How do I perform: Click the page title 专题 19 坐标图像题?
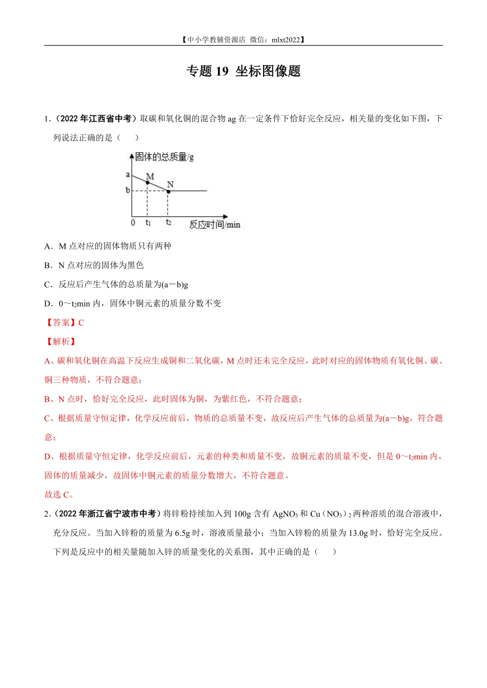pos(243,71)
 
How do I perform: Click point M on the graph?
pos(148,182)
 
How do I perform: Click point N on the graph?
pos(168,191)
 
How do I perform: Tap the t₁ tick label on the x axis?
pos(148,223)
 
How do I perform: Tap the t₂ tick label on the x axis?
pos(169,223)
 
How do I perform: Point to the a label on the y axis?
pos(128,175)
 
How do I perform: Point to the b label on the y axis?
pos(128,190)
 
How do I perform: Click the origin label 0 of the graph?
pos(133,223)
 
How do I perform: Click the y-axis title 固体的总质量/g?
pos(165,157)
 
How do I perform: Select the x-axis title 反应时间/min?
pos(214,225)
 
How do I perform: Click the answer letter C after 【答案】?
pos(81,322)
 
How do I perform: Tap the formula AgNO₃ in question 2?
pos(285,514)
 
